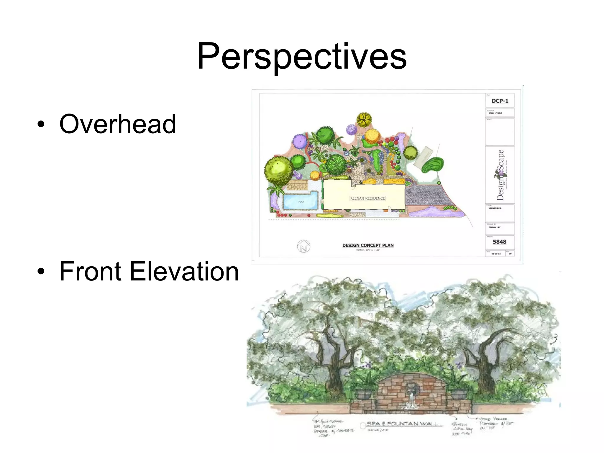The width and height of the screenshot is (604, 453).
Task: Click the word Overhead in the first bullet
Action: tap(117, 124)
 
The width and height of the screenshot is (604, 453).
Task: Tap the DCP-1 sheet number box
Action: tap(500, 101)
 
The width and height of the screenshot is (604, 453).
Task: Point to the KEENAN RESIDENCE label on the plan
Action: tap(367, 198)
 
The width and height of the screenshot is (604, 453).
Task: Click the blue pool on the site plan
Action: tap(301, 201)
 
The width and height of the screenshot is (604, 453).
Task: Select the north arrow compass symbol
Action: tap(303, 246)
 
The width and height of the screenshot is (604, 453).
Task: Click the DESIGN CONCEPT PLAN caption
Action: tap(368, 245)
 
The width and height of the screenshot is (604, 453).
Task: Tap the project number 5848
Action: tap(499, 242)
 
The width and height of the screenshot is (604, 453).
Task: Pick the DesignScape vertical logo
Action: tap(500, 175)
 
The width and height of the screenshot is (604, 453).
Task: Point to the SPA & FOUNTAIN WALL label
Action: tap(402, 424)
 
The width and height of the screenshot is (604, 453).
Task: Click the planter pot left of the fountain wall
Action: tap(364, 394)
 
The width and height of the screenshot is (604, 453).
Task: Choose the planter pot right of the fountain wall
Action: tap(459, 394)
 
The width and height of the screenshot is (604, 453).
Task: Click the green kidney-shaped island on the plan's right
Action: tap(432, 165)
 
